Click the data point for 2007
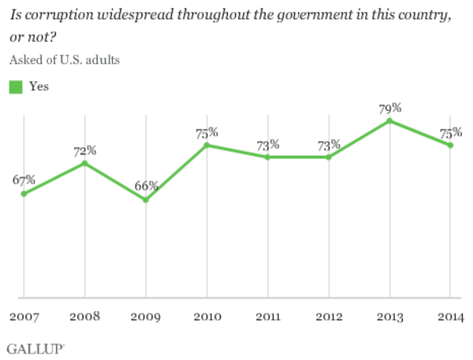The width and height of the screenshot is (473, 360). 24,194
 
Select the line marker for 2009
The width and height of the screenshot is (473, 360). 146,199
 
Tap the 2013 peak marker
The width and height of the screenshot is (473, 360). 389,121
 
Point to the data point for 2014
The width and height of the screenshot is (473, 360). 450,145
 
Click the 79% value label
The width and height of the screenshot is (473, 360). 390,108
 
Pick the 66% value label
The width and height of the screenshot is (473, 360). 147,186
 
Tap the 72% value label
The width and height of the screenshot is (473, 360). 85,150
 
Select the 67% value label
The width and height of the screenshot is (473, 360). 24,180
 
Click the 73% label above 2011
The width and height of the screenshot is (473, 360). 268,145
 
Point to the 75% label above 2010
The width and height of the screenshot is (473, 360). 207,133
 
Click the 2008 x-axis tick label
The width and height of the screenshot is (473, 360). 85,317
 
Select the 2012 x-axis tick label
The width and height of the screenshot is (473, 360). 329,317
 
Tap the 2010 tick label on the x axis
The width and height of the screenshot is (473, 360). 207,317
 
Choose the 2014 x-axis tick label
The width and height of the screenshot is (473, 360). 451,317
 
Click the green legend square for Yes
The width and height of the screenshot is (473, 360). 16,87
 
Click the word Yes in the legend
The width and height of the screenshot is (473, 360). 39,87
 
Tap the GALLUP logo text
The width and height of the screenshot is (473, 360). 35,349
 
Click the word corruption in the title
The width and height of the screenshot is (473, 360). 59,15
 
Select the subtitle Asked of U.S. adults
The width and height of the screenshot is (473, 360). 65,60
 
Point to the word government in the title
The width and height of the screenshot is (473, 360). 315,15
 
